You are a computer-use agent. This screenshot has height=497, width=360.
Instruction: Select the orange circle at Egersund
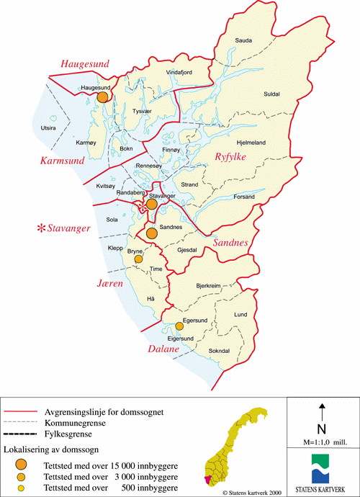(x=179, y=326)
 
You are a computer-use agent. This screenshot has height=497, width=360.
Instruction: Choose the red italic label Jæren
(x=112, y=284)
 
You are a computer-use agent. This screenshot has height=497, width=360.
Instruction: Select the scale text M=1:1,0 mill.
(x=322, y=439)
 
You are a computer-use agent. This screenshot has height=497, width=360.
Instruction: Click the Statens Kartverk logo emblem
(x=322, y=464)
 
